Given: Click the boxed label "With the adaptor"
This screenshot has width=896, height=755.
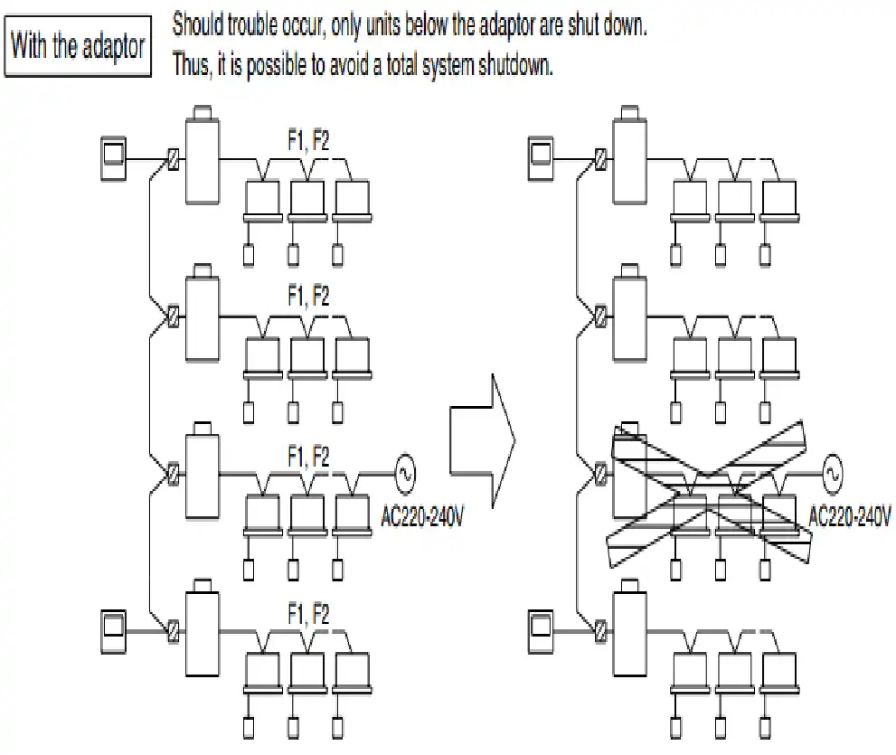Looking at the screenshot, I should click(x=79, y=46).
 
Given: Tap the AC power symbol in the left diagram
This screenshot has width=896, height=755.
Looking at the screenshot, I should click(x=403, y=471).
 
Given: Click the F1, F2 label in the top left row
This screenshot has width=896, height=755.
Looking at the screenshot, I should click(x=307, y=140).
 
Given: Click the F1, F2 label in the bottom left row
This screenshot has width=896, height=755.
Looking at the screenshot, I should click(x=307, y=615).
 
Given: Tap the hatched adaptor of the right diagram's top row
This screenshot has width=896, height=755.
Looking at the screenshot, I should click(x=599, y=162).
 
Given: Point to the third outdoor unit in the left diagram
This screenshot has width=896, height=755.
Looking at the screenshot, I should click(x=201, y=473).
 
